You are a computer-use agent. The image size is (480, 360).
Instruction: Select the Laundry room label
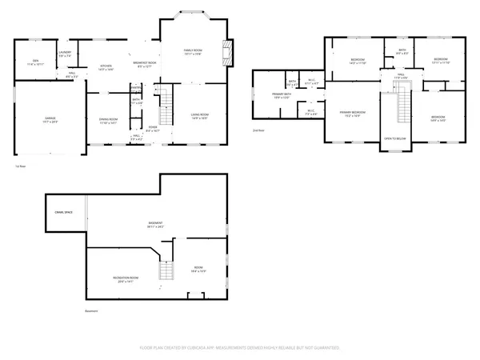pyautogui.click(x=66, y=54)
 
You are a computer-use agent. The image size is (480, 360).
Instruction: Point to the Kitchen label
pyautogui.click(x=105, y=67)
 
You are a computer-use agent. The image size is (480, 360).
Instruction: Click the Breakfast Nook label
pyautogui.click(x=145, y=65)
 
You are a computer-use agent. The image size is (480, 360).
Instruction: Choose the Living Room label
pyautogui.click(x=199, y=116)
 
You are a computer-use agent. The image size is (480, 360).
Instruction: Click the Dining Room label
pyautogui.click(x=108, y=121)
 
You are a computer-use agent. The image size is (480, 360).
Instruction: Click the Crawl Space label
pyautogui.click(x=64, y=211)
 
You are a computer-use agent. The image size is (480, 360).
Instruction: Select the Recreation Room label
pyautogui.click(x=122, y=279)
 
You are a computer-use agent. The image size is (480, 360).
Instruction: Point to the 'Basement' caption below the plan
pyautogui.click(x=93, y=311)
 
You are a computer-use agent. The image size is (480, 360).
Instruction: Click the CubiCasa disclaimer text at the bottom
pyautogui.click(x=240, y=348)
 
